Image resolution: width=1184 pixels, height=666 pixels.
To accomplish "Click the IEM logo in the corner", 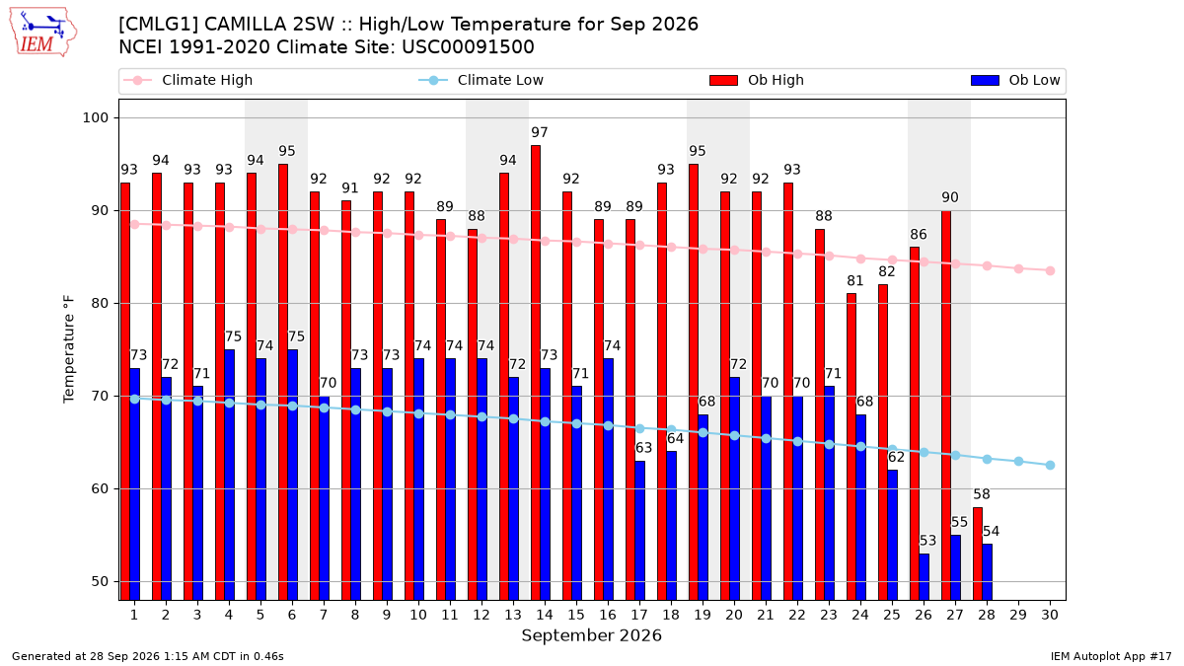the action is pos(43,32).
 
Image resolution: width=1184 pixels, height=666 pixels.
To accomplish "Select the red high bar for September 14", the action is pos(536,373).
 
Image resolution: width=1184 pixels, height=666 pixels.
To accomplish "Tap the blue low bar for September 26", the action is pos(924,577).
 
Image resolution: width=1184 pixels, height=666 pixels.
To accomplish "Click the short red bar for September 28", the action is pos(978,554).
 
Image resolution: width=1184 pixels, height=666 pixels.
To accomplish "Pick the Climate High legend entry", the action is pos(188,80).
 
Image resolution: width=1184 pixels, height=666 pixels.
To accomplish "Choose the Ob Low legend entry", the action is pos(1015,80).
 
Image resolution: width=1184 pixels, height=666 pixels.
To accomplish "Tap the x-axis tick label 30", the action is pos(1050,615).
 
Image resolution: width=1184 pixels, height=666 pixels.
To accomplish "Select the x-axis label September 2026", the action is pos(591,635).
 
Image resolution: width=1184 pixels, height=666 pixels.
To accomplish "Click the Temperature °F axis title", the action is pos(69,349).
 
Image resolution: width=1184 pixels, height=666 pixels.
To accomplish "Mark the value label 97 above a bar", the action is pos(540,132).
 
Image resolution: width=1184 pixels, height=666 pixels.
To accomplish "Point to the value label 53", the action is pos(927,541).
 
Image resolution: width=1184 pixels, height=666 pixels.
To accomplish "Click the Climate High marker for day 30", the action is pos(1050,270).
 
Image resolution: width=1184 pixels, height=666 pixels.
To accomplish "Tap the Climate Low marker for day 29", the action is pos(1018,462).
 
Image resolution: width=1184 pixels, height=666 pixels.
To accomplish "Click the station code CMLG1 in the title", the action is pos(159,25).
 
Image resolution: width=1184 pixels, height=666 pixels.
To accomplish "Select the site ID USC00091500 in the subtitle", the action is pos(468,47).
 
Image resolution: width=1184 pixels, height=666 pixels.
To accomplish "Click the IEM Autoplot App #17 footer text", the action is pos(1111,656).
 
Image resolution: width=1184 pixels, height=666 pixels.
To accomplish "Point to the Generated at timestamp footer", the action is pos(147,656).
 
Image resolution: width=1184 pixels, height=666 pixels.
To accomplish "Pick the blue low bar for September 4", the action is pos(229,475).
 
